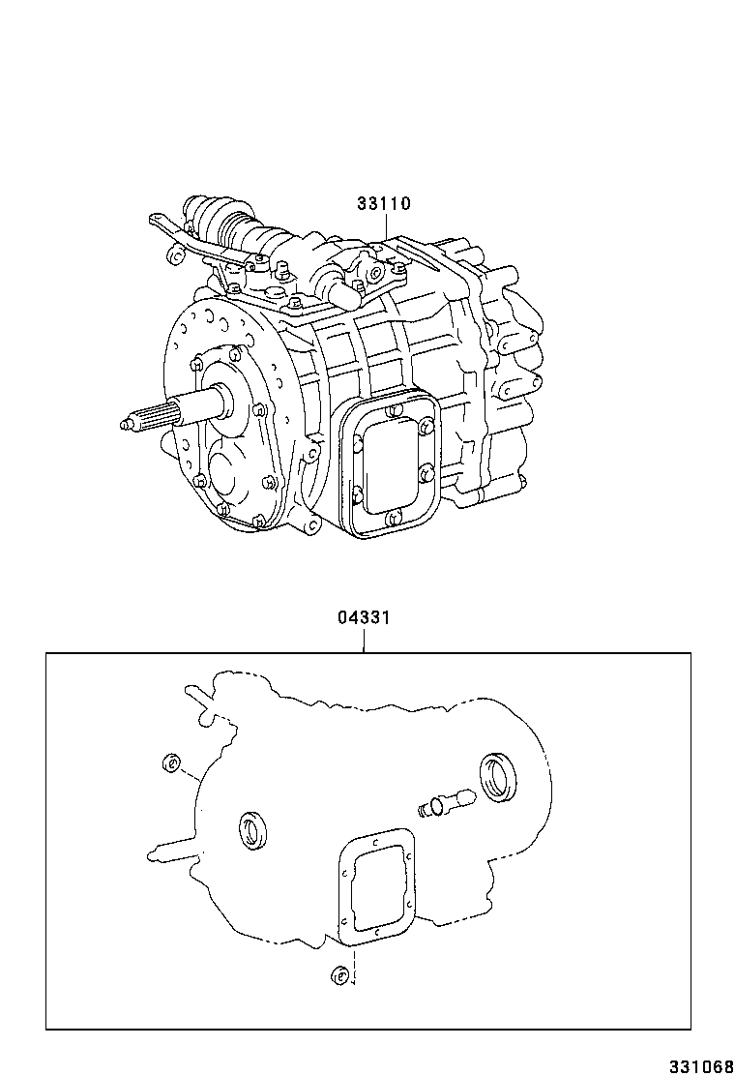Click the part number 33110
tap(384, 204)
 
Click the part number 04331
tap(364, 616)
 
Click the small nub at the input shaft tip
tap(126, 423)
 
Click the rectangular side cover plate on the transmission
tap(389, 463)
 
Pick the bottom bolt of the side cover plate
tap(389, 519)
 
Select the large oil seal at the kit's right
tap(499, 780)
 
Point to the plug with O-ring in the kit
tap(444, 803)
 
